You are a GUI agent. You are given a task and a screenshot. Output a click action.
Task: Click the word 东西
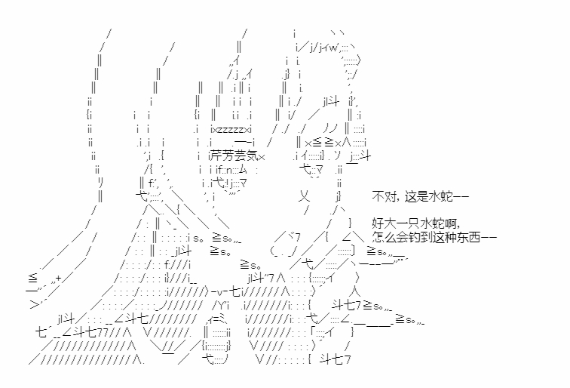pyautogui.click(x=469, y=237)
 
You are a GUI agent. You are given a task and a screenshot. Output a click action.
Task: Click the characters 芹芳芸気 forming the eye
pyautogui.click(x=234, y=156)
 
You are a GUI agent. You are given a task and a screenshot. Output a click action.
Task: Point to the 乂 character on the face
pyautogui.click(x=304, y=197)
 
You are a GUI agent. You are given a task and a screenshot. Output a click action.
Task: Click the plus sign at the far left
pyautogui.click(x=58, y=279)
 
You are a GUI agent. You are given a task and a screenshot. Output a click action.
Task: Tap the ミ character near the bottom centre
pyautogui.click(x=222, y=319)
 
